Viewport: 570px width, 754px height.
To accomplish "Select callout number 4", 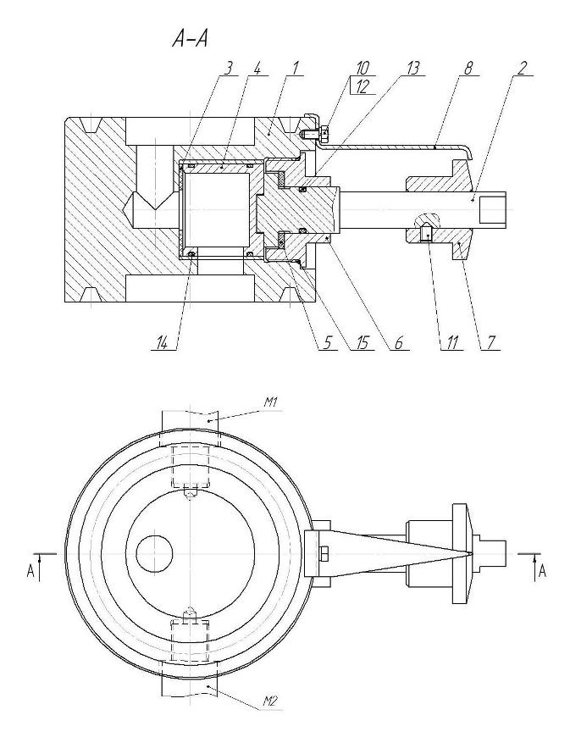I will point(257,69).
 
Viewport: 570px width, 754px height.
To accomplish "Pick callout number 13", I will point(413,69).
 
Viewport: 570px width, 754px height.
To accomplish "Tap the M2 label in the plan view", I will point(270,700).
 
